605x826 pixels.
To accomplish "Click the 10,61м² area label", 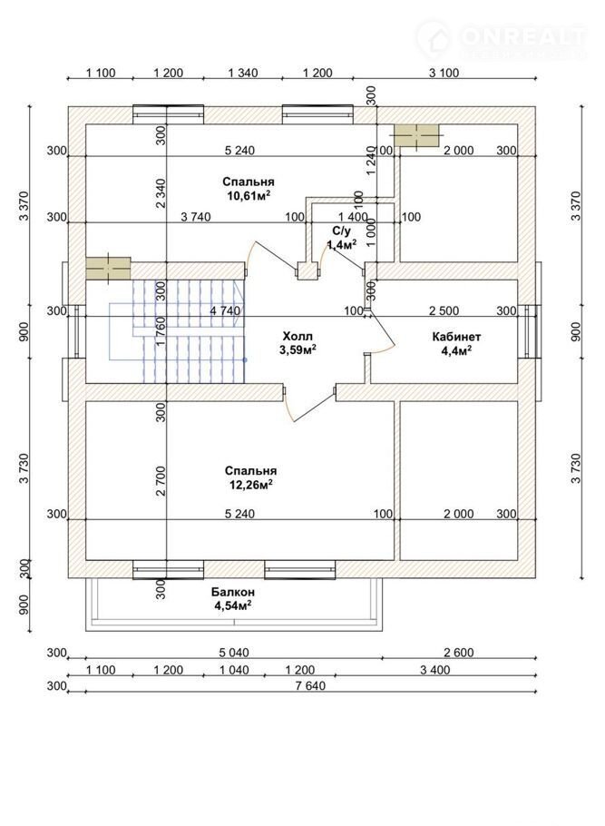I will (x=250, y=194).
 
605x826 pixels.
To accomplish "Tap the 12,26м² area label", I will (x=250, y=485).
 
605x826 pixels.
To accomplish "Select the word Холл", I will (x=297, y=334).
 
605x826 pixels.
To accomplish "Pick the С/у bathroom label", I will (x=341, y=231).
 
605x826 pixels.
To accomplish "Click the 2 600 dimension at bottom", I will (x=459, y=653).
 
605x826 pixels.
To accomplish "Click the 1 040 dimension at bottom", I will (x=235, y=669).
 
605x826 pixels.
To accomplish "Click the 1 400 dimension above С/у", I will (x=352, y=217).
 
